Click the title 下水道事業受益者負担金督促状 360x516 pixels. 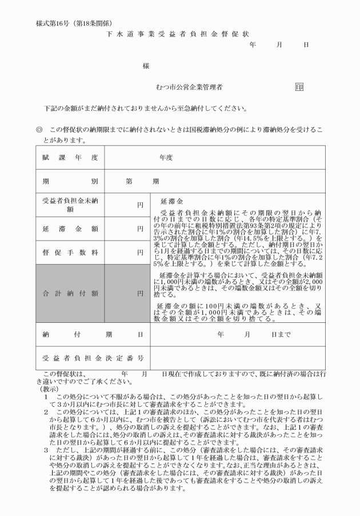pos(178,34)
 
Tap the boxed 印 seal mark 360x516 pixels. pos(299,87)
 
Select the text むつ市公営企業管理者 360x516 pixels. pos(189,87)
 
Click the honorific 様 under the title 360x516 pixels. pos(146,66)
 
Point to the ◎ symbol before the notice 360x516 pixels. pos(39,130)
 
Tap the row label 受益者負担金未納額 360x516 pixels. pos(70,205)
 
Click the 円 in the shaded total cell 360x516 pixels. pos(139,293)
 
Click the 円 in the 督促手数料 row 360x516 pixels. pos(139,253)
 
